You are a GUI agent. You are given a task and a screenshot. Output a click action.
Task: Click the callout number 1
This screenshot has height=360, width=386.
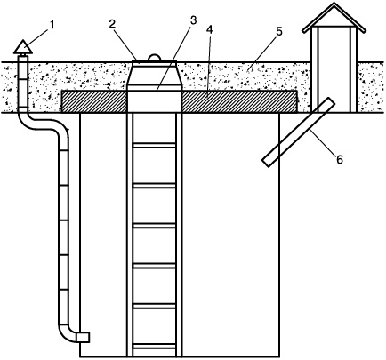pos(52,26)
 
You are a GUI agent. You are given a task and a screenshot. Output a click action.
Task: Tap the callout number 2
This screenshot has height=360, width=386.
pos(111,24)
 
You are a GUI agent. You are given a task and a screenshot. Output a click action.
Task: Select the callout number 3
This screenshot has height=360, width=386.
pos(193,20)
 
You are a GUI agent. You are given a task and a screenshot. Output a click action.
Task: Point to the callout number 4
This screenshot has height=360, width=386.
pos(210,30)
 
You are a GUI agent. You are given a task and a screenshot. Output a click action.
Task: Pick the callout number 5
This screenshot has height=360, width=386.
pos(278,32)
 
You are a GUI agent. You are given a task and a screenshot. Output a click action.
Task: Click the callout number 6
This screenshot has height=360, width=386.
pos(340,159)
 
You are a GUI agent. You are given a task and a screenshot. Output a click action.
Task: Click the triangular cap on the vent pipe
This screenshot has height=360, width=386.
pos(23,47)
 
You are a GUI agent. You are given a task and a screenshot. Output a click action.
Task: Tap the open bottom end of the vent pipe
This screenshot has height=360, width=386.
pos(83,337)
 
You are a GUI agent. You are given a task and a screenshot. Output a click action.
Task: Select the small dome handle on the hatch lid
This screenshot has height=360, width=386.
pos(154,57)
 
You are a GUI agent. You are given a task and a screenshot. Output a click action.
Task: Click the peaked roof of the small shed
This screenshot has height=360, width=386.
pos(334,18)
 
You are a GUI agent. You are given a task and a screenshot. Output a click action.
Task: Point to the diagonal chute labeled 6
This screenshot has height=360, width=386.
pos(299,132)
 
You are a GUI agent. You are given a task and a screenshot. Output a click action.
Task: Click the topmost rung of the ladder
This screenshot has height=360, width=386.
pos(154,145)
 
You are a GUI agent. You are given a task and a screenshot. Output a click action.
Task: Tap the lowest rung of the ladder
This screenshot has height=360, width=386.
pos(154,346)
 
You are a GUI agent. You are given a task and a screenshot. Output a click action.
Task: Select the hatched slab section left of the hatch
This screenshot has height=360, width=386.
pos(94,101)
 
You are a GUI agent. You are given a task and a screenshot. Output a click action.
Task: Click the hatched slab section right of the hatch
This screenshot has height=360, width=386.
pos(239,101)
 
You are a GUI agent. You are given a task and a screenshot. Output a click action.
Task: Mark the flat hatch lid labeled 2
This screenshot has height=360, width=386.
pos(154,61)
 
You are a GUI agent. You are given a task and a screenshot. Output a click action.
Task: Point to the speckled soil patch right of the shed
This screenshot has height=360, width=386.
pos(371,87)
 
